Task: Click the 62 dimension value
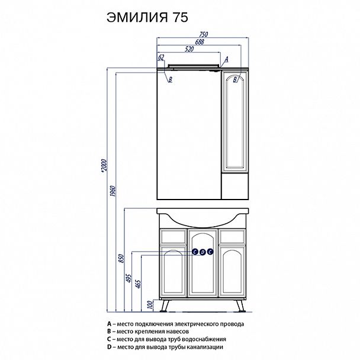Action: (x=161, y=58)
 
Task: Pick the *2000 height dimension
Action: (x=103, y=169)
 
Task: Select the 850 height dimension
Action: (x=122, y=258)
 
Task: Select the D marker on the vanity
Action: (x=202, y=252)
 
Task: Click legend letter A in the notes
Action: (x=109, y=324)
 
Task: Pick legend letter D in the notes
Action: (x=109, y=347)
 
